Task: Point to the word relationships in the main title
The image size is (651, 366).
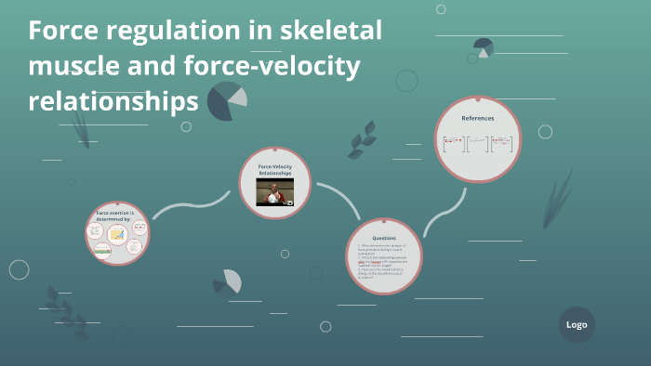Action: point(113,100)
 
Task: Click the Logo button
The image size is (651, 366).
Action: point(577,325)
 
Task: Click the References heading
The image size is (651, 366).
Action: point(478,118)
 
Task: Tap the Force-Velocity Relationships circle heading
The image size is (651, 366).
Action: point(274,169)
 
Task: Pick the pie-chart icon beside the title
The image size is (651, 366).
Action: point(226,100)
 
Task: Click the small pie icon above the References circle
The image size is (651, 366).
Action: point(483,46)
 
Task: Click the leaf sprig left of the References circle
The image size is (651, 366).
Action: point(361,139)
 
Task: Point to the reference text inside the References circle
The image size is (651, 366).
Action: point(478,143)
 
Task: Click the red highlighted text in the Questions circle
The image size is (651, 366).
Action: point(373,262)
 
